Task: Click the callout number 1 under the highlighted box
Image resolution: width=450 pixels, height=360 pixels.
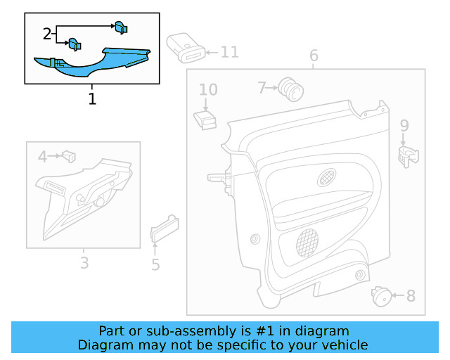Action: coord(92,98)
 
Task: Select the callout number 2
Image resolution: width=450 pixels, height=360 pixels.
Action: coord(47,34)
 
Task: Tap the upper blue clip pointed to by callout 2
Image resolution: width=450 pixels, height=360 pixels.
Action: coord(121,27)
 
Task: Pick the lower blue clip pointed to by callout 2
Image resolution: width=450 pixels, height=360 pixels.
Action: coord(75,44)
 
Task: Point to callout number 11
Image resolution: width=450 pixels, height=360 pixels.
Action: coord(230,52)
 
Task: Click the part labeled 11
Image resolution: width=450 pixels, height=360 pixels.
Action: coord(186,48)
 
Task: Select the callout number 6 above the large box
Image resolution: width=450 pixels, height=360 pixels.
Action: coord(314,56)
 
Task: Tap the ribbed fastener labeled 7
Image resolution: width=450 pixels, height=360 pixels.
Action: coord(290,89)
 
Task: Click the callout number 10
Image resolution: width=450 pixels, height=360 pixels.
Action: coord(208,89)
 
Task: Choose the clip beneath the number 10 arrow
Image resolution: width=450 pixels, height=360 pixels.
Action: coord(205,120)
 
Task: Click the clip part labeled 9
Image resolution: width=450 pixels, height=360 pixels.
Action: coord(408,157)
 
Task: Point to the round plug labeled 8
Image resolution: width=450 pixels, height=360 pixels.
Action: coord(381,296)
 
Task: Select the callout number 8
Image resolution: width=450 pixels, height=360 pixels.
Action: coord(411,296)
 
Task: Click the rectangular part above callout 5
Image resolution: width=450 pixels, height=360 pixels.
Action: coord(165,229)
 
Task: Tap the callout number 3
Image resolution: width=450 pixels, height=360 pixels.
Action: coord(84,263)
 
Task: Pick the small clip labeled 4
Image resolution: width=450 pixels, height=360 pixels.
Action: coord(69,156)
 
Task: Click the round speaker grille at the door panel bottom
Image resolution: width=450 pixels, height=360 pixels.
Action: coord(307,243)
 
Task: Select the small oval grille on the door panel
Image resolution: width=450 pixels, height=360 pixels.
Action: coord(326,177)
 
